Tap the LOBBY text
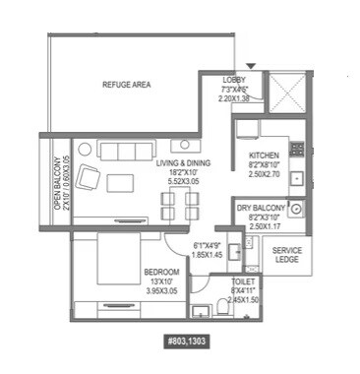(235, 79)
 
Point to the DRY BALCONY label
(261, 209)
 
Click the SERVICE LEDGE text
(287, 255)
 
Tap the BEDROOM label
(160, 271)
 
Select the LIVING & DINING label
(184, 165)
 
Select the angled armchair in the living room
(89, 177)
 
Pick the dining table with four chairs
(178, 204)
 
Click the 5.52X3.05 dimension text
(184, 183)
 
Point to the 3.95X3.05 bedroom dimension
(160, 290)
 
